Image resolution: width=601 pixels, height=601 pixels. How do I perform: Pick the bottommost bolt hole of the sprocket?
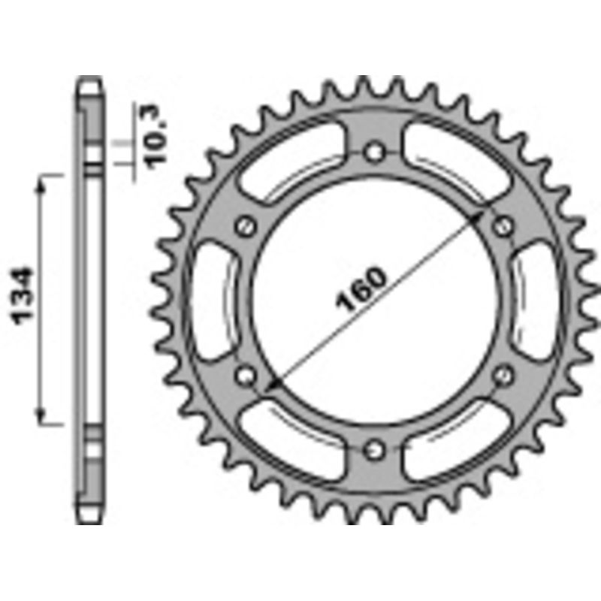point(375,449)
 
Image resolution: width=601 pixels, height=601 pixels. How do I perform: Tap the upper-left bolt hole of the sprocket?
point(245,225)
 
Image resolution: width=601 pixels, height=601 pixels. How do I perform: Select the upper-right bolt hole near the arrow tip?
point(504,225)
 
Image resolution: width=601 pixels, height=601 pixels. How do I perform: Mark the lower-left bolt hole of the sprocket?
point(245,374)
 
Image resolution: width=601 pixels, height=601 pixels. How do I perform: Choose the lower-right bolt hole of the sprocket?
point(504,374)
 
